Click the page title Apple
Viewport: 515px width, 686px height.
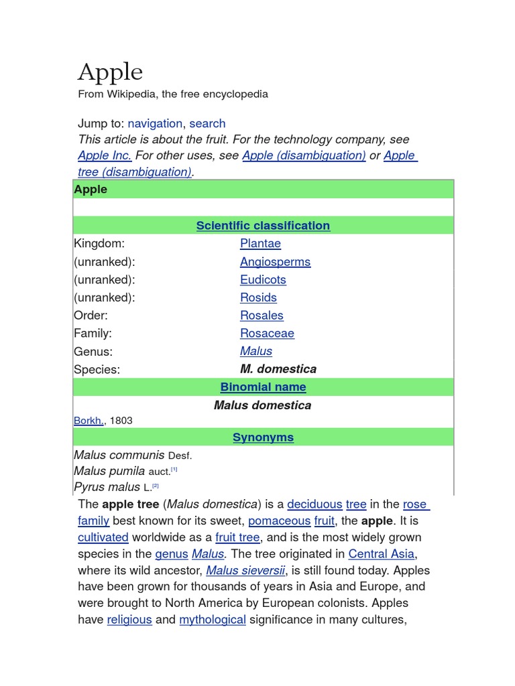pyautogui.click(x=111, y=72)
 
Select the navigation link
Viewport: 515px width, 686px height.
pyautogui.click(x=155, y=123)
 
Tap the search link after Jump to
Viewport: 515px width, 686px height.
pyautogui.click(x=207, y=123)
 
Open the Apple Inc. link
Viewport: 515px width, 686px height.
pyautogui.click(x=105, y=155)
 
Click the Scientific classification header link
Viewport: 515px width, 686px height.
pyautogui.click(x=263, y=226)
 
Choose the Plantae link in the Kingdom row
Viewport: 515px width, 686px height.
pyautogui.click(x=260, y=244)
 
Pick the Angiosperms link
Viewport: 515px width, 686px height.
pyautogui.click(x=275, y=262)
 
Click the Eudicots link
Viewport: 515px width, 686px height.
pyautogui.click(x=263, y=280)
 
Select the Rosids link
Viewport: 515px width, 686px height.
pyautogui.click(x=258, y=297)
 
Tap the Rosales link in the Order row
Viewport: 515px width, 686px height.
pyautogui.click(x=262, y=316)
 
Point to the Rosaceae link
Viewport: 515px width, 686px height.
pyautogui.click(x=267, y=334)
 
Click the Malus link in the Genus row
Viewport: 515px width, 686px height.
pyautogui.click(x=256, y=351)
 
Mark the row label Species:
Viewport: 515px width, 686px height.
pyautogui.click(x=97, y=369)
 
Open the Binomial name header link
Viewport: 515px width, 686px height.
pyautogui.click(x=263, y=387)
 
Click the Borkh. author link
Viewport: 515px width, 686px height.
pyautogui.click(x=89, y=421)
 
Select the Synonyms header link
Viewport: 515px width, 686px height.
pyautogui.click(x=263, y=437)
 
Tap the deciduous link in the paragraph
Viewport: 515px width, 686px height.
pyautogui.click(x=314, y=504)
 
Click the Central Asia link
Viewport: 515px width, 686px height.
pyautogui.click(x=382, y=554)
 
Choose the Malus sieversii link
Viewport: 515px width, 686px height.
pyautogui.click(x=245, y=571)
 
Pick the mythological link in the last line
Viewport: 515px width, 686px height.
pyautogui.click(x=213, y=620)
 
